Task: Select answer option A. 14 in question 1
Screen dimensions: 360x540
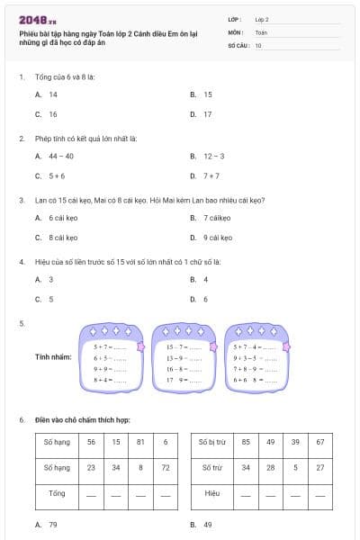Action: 48,94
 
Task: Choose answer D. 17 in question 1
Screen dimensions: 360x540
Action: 202,114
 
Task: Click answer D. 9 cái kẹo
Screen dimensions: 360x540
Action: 212,238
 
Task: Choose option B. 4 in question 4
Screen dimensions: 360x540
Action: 200,279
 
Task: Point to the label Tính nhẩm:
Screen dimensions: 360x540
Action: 53,357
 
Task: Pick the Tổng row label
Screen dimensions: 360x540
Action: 56,493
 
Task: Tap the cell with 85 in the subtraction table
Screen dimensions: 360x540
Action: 246,442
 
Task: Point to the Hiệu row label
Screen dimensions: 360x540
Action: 211,493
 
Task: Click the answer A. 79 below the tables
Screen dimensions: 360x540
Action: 48,524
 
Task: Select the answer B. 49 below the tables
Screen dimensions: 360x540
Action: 202,524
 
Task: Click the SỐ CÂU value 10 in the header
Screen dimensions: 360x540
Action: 259,44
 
